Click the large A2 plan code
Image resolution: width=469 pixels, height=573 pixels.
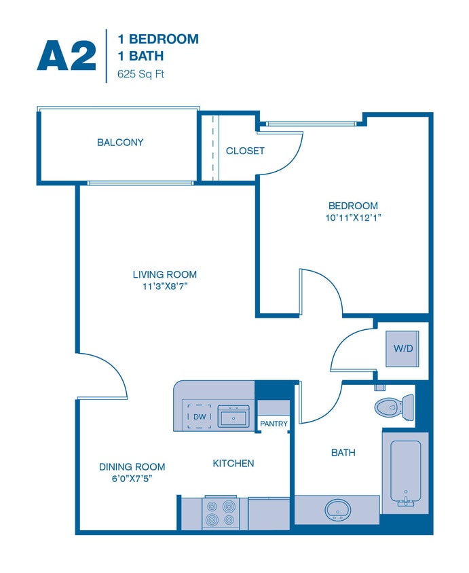click(67, 56)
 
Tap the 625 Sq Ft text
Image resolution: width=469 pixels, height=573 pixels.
click(141, 73)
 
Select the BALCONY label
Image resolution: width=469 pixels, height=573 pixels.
click(120, 143)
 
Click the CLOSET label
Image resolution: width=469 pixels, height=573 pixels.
click(245, 151)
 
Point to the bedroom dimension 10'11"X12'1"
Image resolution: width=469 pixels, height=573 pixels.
click(353, 218)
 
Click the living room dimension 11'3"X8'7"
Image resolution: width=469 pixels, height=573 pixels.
click(165, 286)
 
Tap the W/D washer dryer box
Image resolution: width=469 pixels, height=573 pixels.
click(402, 349)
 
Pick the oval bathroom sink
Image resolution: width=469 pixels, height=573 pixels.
click(337, 509)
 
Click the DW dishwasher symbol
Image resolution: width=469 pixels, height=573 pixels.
click(199, 416)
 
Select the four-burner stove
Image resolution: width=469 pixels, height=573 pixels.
click(221, 513)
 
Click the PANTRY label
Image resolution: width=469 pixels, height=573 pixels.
click(274, 424)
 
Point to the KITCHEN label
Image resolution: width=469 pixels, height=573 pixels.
click(233, 463)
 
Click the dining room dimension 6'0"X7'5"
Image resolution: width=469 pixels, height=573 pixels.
click(132, 479)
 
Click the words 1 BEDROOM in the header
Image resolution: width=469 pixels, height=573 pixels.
click(158, 39)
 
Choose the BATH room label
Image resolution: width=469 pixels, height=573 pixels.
click(343, 452)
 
